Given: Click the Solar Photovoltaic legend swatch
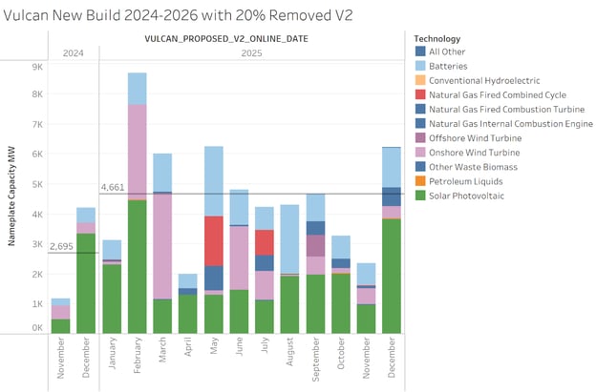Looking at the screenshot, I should tap(421, 196).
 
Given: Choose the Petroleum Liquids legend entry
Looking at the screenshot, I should tap(468, 181).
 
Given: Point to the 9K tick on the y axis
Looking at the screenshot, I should tap(36, 67).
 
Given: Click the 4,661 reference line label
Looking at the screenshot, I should tap(114, 188).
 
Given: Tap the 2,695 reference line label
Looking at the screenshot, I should tap(61, 246).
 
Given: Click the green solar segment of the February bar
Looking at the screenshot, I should tap(137, 266).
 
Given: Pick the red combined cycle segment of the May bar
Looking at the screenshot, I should tap(214, 240).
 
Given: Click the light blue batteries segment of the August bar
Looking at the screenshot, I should tap(289, 238).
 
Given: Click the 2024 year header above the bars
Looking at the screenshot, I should tap(73, 53).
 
